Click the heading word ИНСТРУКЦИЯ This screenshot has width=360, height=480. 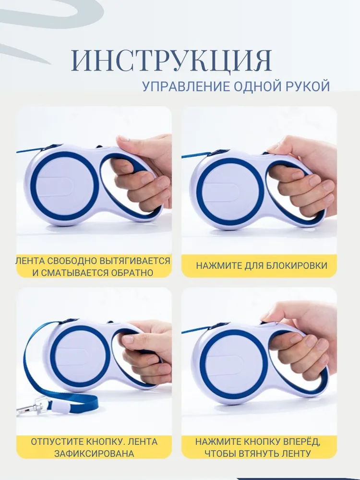pos(172,60)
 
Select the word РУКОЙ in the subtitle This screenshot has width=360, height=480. pos(308,86)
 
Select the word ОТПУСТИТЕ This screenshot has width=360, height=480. pos(56,442)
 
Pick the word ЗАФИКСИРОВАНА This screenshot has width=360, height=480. pos(94,454)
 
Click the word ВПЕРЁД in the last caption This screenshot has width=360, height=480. pos(302,442)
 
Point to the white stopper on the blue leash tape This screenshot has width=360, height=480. pos(60,407)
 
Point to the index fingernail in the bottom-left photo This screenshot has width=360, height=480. pos(127,339)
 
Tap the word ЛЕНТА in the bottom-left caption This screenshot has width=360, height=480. pos(143,442)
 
